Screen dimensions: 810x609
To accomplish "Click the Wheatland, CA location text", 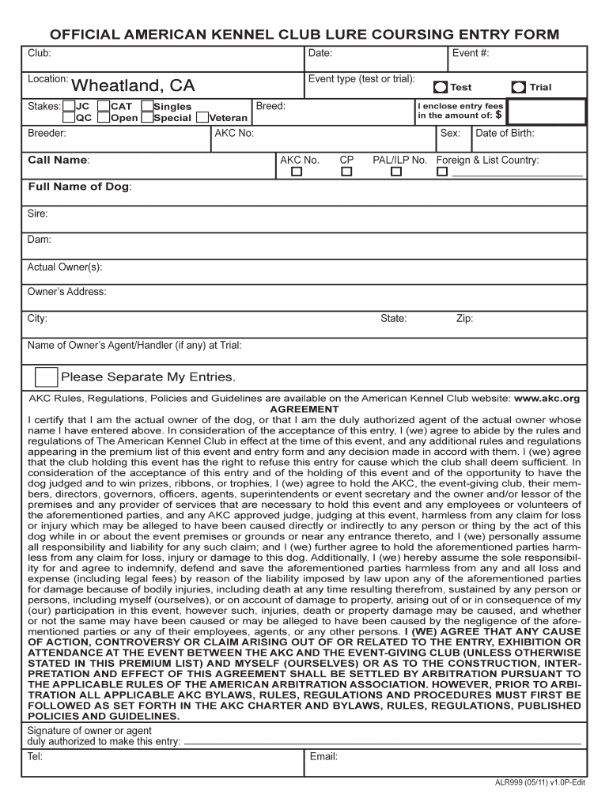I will coord(134,85).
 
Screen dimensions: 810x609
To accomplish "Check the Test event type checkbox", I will coord(441,88).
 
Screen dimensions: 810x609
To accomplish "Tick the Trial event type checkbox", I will coord(519,88).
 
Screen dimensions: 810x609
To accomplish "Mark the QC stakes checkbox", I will coord(69,118).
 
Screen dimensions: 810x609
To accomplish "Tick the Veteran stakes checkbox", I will coord(202,118).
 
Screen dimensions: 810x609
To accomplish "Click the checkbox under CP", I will coord(346,172).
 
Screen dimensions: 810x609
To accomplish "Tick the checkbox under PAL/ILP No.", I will coord(396,172).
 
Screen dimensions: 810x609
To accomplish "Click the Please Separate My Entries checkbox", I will coord(46,377).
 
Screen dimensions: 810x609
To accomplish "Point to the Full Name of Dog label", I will coord(80,187).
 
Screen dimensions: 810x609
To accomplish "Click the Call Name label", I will coord(59,160).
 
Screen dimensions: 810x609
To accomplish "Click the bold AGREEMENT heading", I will coord(304,409).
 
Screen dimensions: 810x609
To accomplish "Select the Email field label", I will coord(323,757).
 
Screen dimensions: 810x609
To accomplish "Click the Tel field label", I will coord(35,757).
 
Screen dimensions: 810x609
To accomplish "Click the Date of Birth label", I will coord(505,133).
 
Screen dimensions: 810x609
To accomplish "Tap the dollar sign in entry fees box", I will coord(498,114).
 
